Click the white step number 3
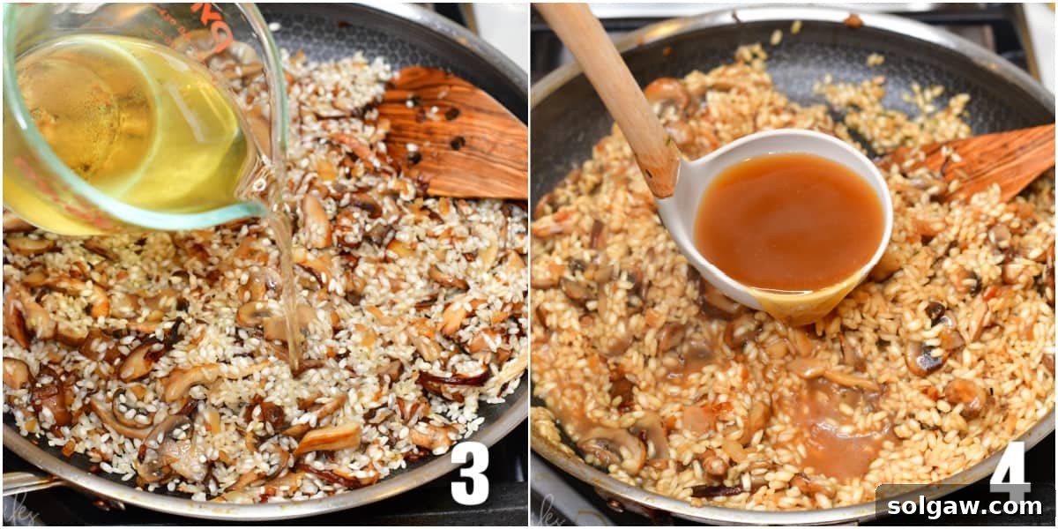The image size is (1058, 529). click(x=469, y=473)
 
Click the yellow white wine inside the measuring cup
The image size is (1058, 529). click(x=132, y=132)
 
